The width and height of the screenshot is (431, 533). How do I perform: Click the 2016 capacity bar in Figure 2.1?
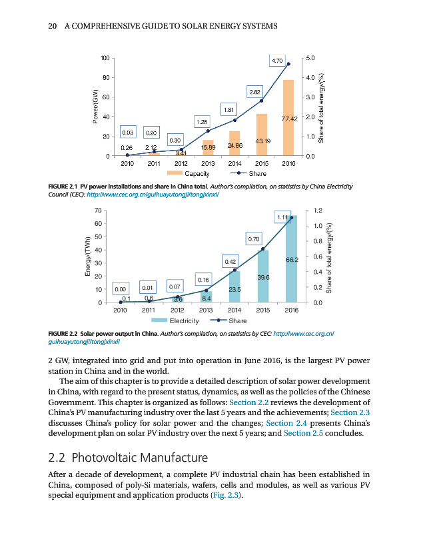click(288, 117)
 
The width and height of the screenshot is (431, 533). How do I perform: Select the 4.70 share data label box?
click(278, 60)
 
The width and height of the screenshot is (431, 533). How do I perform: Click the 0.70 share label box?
click(254, 238)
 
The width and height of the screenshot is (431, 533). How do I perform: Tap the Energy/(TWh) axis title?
click(87, 257)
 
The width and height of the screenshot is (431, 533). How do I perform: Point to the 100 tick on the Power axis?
click(104, 59)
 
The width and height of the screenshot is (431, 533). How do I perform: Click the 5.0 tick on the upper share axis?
click(311, 59)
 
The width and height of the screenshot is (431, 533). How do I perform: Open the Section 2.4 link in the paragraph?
click(285, 422)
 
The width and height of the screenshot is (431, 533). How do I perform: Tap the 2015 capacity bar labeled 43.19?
click(262, 135)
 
